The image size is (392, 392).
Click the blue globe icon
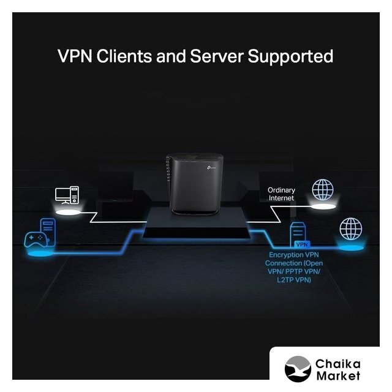click(x=351, y=229)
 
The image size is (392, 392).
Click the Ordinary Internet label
click(x=281, y=194)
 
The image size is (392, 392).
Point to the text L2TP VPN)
click(x=294, y=279)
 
